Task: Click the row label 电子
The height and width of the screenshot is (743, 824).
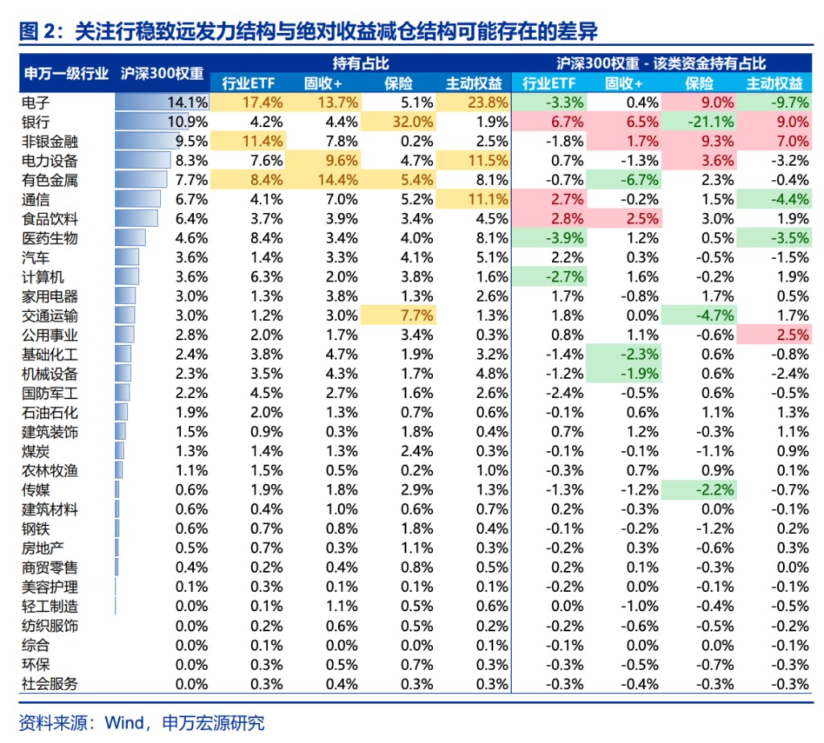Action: tap(36, 102)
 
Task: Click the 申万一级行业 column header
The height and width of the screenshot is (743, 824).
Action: tap(65, 73)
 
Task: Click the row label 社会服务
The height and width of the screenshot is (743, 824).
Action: tap(50, 684)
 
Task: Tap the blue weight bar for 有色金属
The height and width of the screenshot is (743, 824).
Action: tap(141, 180)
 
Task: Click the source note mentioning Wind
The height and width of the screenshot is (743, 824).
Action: tap(141, 722)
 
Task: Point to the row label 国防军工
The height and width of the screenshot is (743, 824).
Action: tap(50, 393)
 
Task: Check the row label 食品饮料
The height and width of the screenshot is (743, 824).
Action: tap(50, 219)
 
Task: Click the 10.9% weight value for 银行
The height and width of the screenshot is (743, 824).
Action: tap(187, 122)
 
